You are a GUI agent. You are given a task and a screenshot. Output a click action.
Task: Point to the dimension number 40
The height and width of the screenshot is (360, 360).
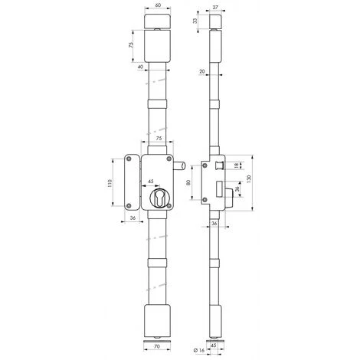tap(141, 67)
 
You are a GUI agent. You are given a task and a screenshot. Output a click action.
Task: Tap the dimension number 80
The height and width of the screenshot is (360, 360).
tap(189, 183)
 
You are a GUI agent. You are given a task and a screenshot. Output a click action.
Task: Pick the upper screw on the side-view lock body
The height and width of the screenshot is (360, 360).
tap(205, 165)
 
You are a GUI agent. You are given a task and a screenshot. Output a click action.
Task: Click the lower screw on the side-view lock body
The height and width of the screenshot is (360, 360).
tap(205, 201)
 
